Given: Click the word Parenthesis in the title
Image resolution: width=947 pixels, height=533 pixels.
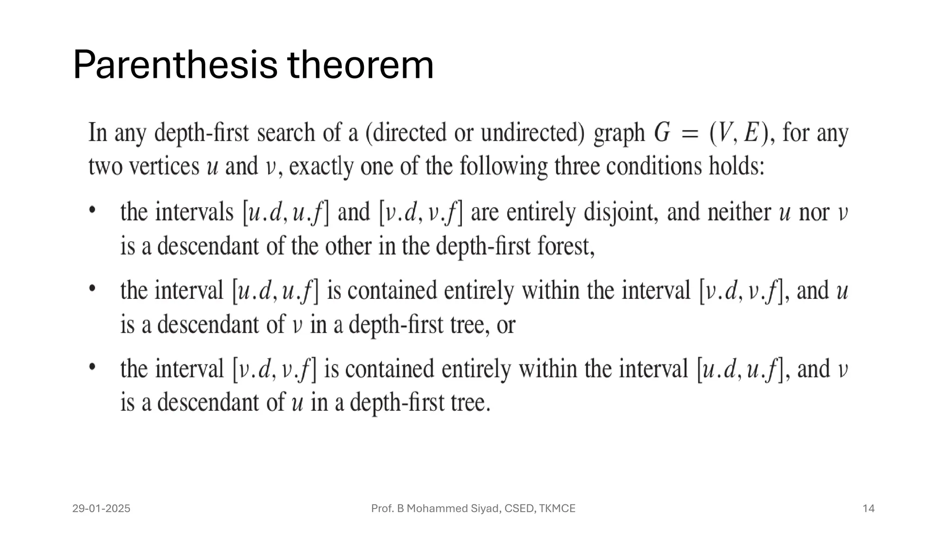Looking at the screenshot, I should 175,65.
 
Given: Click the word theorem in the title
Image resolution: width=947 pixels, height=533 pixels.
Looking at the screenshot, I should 360,65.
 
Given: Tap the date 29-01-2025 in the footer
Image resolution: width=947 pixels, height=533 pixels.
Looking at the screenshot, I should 101,508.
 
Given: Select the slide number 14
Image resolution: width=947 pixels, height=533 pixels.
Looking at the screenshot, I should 868,508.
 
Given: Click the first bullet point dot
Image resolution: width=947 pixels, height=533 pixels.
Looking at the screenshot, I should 92,210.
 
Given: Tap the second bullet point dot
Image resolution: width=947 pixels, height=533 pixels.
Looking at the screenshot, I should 92,288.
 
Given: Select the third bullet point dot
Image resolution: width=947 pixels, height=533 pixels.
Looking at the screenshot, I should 92,366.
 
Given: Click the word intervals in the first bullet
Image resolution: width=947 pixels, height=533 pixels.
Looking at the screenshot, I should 194,212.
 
